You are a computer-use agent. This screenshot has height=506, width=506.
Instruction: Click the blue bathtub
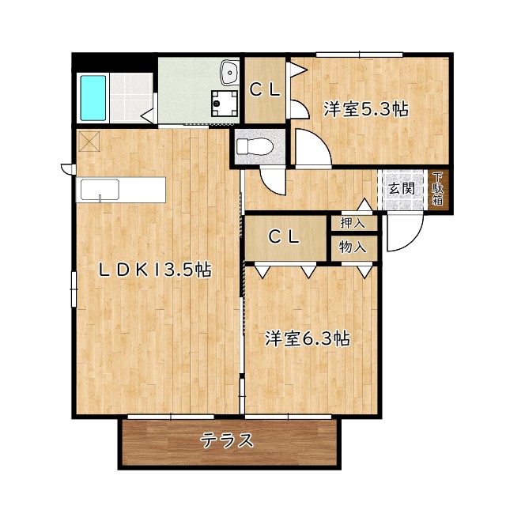tap(93, 98)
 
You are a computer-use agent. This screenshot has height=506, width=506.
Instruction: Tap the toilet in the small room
tap(255, 146)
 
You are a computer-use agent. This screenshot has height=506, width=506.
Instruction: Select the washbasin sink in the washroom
tap(229, 72)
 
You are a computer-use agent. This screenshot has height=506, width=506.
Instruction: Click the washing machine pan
tap(225, 104)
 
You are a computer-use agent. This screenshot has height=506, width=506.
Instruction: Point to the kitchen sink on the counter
tap(100, 190)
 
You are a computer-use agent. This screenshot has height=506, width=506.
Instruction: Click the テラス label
tap(227, 441)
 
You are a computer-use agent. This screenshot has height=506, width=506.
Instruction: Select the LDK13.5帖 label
tap(155, 270)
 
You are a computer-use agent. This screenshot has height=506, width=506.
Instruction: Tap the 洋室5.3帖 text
tap(366, 109)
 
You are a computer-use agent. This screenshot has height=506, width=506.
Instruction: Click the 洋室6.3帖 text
tap(308, 339)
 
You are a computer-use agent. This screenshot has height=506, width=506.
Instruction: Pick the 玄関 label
tap(402, 188)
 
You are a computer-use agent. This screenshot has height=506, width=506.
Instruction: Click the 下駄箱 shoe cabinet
tap(437, 189)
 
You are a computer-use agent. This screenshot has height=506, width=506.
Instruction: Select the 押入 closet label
tap(353, 223)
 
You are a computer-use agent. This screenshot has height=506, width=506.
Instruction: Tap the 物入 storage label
tap(353, 247)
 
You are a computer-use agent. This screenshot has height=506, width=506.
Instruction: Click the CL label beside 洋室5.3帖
tap(265, 90)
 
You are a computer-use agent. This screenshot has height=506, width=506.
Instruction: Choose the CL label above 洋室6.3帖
tap(285, 237)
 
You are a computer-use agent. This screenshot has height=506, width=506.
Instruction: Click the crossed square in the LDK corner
tap(89, 141)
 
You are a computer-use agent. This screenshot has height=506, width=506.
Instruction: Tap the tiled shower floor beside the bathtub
tap(131, 98)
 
